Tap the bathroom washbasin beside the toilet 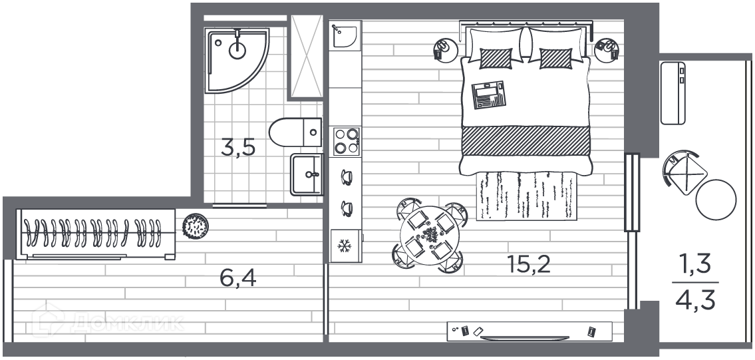(x=307, y=174)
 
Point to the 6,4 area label (x=237, y=276)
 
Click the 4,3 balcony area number (x=696, y=299)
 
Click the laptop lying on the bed (x=489, y=94)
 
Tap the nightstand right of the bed (x=607, y=50)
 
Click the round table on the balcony (x=716, y=200)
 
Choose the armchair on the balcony (x=684, y=170)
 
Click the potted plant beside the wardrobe (x=196, y=227)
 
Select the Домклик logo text (x=126, y=323)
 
